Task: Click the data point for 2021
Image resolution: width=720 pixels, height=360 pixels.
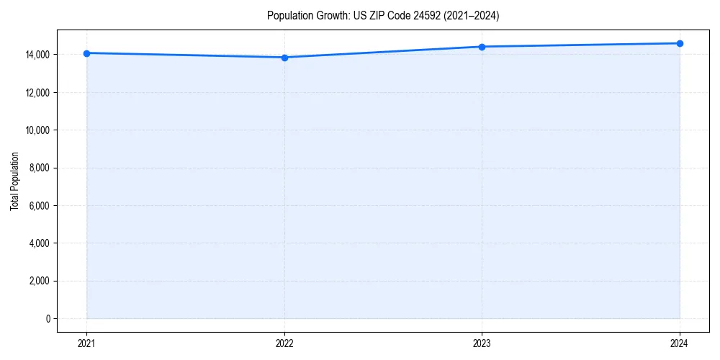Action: click(86, 53)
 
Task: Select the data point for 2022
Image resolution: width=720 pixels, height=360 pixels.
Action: click(284, 58)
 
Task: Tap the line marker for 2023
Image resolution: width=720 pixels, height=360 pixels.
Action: click(482, 47)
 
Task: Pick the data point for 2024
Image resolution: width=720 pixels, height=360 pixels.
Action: click(680, 43)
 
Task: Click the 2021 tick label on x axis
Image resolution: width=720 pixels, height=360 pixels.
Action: click(86, 343)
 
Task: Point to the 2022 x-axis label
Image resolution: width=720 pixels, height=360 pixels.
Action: click(284, 343)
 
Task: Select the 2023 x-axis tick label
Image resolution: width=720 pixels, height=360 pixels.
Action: click(482, 343)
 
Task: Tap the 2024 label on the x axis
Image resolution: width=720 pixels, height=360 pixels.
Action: click(680, 343)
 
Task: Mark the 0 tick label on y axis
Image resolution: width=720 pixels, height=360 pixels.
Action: click(48, 319)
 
